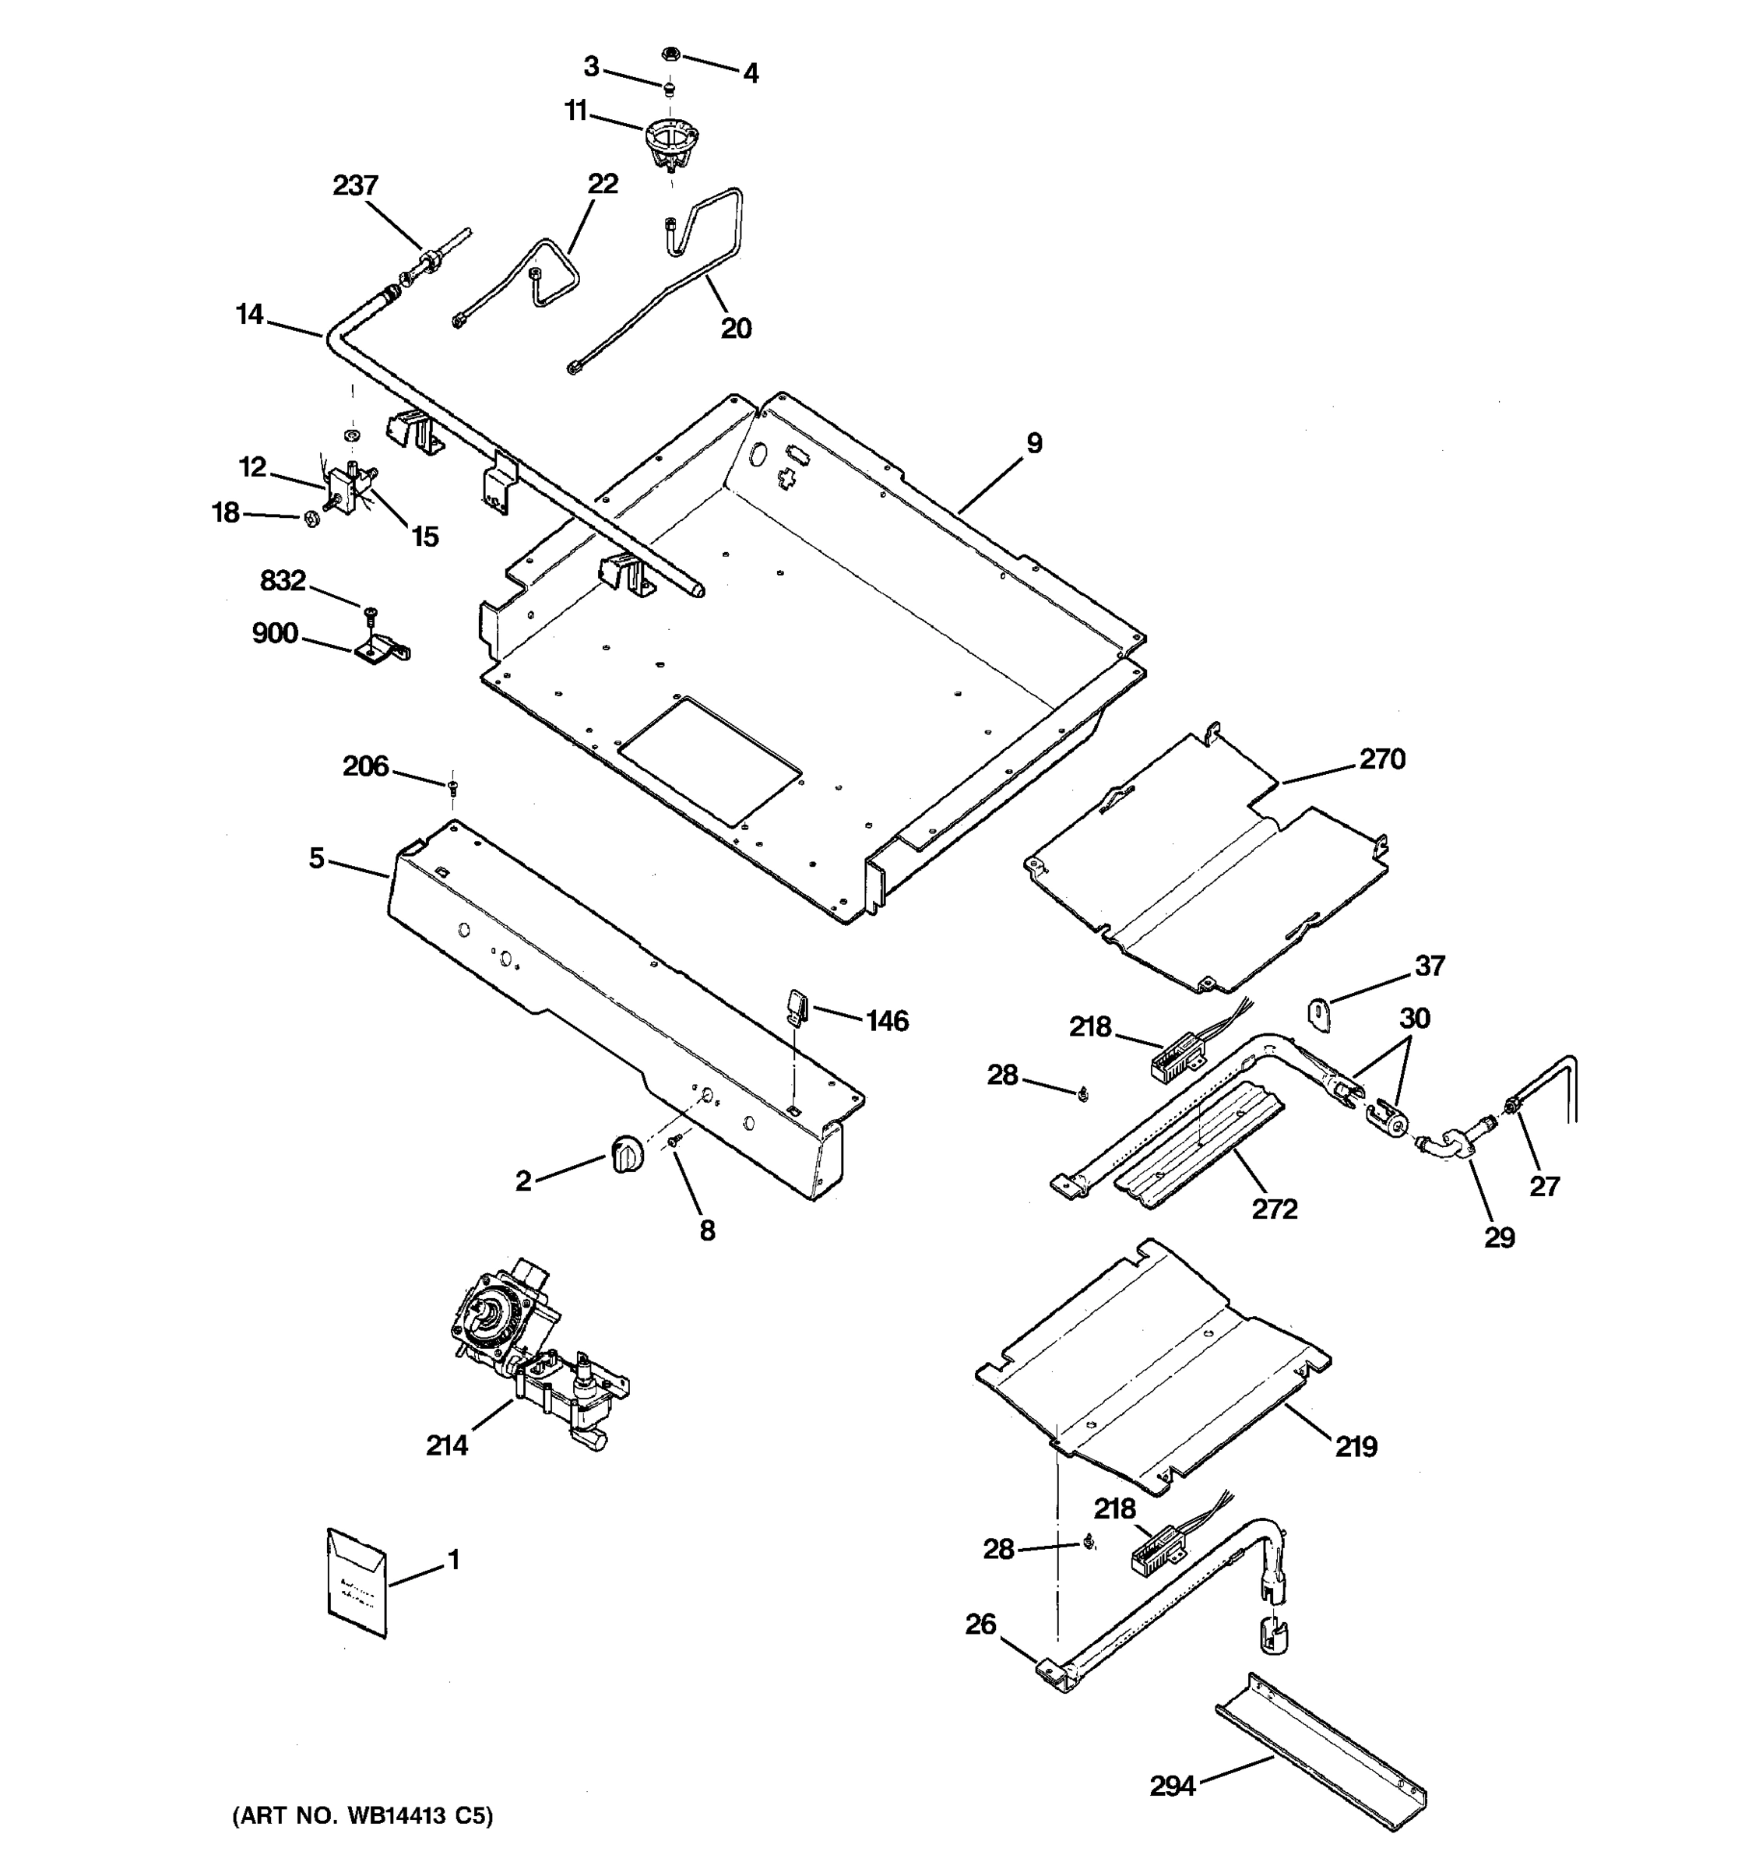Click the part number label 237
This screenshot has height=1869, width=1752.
pyautogui.click(x=355, y=185)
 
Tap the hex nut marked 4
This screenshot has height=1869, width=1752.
pyautogui.click(x=671, y=55)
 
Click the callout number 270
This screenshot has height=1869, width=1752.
pyautogui.click(x=1381, y=759)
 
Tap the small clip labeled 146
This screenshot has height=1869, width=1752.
pyautogui.click(x=797, y=1004)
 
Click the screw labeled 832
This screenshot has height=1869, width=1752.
pyautogui.click(x=369, y=614)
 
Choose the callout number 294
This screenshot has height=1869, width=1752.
pyautogui.click(x=1172, y=1786)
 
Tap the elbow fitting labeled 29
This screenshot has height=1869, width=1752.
pyautogui.click(x=1448, y=1142)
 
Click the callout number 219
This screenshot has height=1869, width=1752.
pyautogui.click(x=1356, y=1447)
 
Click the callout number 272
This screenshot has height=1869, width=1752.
pyautogui.click(x=1274, y=1208)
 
